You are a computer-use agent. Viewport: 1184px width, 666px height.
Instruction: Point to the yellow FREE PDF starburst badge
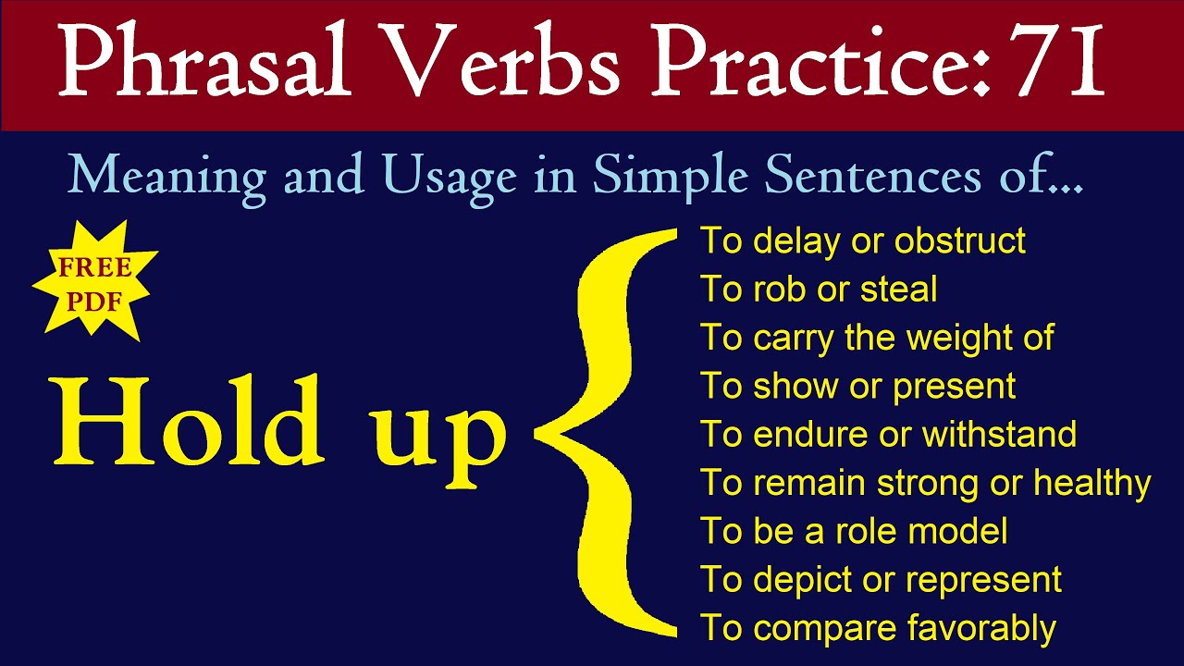coord(94,281)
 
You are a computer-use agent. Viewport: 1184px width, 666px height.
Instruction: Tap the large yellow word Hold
coord(188,419)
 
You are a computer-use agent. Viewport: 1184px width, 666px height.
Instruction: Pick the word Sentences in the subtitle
coord(872,175)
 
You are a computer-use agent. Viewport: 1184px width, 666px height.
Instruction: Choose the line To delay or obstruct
coord(863,241)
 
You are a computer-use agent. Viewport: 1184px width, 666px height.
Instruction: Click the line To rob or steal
coord(819,289)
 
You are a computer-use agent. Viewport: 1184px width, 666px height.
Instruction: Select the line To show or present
coord(858,387)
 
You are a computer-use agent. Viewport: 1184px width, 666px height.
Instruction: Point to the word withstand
coord(999,435)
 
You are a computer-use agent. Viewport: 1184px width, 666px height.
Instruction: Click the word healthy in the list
coord(1092,484)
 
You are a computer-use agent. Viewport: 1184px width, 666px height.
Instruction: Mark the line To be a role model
coord(854,531)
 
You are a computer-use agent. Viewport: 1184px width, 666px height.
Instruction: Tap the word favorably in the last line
coord(981,629)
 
